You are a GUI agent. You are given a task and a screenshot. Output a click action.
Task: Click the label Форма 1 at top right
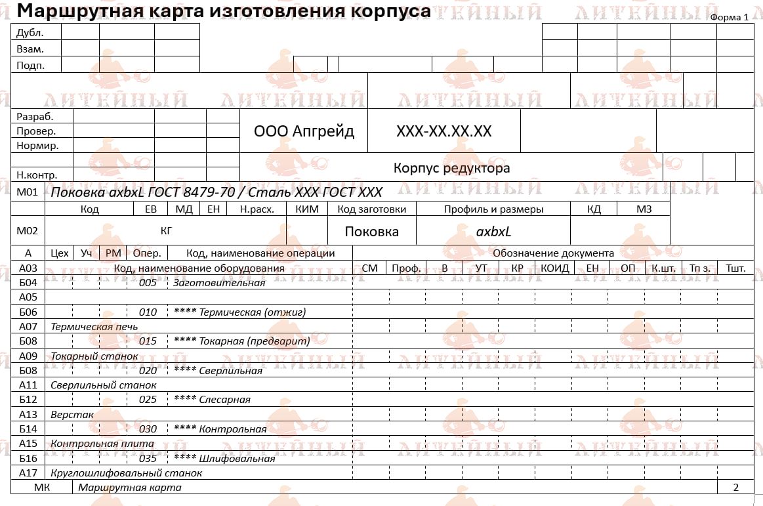pos(729,17)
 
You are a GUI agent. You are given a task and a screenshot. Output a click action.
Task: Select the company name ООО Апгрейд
pos(304,131)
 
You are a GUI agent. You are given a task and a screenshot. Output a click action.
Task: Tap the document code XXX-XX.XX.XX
pos(443,131)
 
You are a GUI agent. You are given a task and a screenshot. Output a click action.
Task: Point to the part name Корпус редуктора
pos(451,168)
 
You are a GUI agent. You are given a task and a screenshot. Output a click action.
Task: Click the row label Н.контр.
pos(37,175)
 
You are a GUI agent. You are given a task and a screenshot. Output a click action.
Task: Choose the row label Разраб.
pos(35,116)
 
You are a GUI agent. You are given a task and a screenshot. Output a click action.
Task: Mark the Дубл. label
pos(30,32)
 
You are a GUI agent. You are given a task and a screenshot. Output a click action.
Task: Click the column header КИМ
pos(307,209)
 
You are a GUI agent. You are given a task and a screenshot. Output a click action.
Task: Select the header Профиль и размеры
pos(493,209)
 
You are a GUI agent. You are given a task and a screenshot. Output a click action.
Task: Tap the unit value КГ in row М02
pos(167,230)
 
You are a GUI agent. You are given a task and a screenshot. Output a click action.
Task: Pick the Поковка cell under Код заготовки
pos(371,231)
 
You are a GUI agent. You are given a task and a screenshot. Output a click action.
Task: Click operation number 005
pos(148,283)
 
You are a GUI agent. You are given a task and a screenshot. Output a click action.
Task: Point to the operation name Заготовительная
pos(218,283)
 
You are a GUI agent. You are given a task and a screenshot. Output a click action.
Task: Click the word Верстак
pos(72,415)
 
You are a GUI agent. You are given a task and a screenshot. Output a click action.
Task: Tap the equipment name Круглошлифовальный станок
pos(126,473)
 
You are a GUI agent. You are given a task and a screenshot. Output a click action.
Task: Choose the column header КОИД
pos(554,268)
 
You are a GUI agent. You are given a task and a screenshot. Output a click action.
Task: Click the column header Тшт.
pos(735,268)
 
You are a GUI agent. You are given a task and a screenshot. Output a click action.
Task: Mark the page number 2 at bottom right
pos(735,488)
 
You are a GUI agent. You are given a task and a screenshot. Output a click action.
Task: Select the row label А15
pos(28,444)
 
